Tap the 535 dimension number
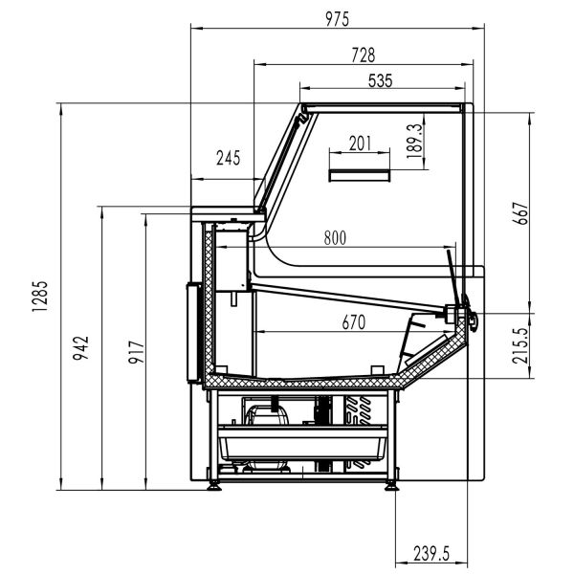tap(380, 80)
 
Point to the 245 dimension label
tap(228, 159)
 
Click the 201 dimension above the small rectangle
tap(360, 143)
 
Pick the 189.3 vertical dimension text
tap(414, 142)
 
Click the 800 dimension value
tap(334, 237)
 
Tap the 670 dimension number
tap(354, 322)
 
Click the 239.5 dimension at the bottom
tap(431, 552)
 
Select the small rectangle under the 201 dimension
tap(360, 174)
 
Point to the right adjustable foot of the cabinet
tap(392, 485)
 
